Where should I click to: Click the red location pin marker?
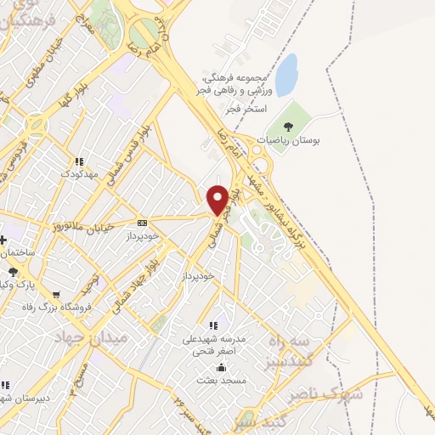(218, 199)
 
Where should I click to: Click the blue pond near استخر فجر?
(286, 75)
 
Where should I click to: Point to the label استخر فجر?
(250, 110)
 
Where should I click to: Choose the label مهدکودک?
(79, 173)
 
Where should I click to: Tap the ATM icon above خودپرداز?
(142, 223)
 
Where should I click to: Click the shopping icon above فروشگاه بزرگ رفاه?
(56, 294)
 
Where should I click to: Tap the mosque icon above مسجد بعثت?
(221, 367)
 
